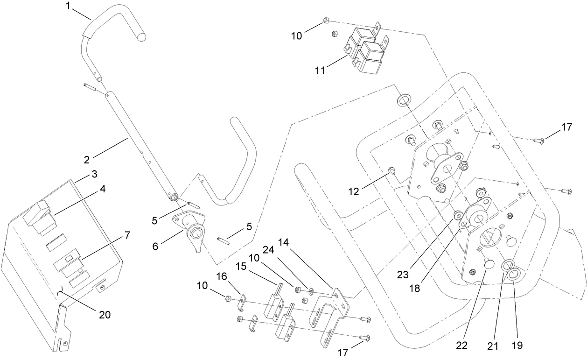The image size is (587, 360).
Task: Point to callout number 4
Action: (x=102, y=189)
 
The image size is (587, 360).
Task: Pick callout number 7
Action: (x=126, y=235)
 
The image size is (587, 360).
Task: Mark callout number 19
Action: (x=517, y=346)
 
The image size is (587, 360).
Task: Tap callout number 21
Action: (x=493, y=346)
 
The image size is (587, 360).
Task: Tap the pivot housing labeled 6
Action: (x=195, y=230)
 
